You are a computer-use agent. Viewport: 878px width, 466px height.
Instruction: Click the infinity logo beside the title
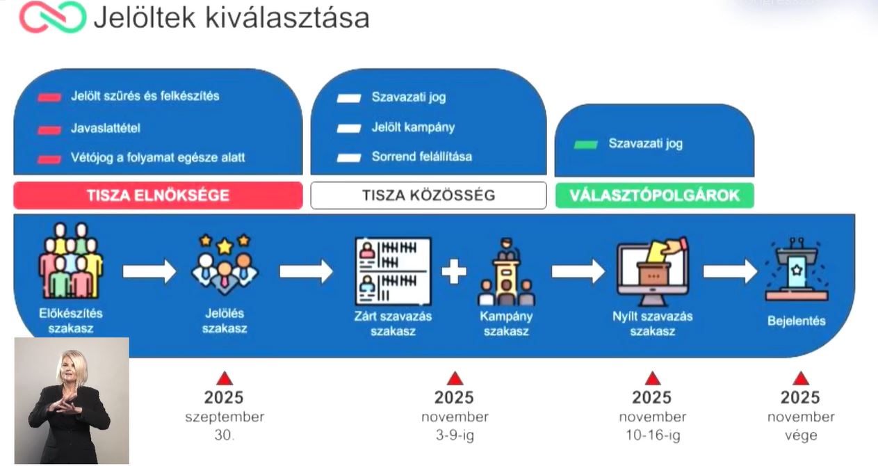(52, 17)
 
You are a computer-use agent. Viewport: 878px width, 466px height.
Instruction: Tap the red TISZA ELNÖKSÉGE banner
(158, 195)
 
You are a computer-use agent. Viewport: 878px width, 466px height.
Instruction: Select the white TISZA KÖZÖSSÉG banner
(428, 195)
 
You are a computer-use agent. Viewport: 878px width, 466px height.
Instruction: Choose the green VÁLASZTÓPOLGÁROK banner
(654, 195)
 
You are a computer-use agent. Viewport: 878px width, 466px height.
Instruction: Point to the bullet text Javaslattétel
(106, 129)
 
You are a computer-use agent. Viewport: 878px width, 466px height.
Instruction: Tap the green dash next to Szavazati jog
(585, 145)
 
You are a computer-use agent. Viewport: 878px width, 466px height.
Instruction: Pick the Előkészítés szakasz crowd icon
(70, 261)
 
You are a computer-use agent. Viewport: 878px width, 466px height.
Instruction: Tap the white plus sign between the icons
(454, 271)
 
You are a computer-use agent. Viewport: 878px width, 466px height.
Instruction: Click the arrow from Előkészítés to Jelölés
(149, 271)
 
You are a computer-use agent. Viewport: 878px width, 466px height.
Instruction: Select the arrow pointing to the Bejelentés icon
(729, 271)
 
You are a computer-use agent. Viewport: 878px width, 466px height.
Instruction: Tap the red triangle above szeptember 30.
(224, 378)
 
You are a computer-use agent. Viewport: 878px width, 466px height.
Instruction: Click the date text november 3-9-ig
(455, 426)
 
